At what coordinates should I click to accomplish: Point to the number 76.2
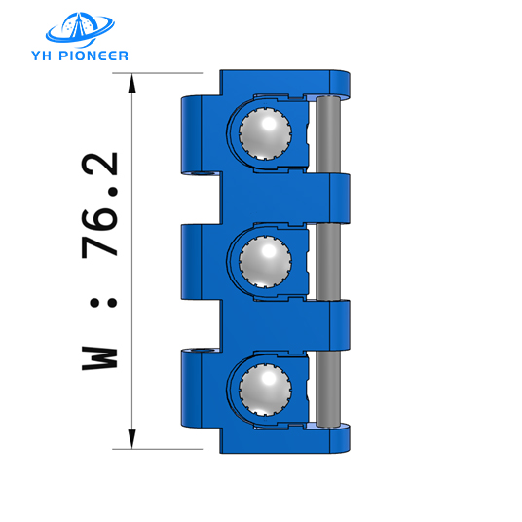pos(99,205)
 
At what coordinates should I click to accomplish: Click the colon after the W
pos(99,303)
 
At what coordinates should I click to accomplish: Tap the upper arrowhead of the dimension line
pos(131,84)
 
